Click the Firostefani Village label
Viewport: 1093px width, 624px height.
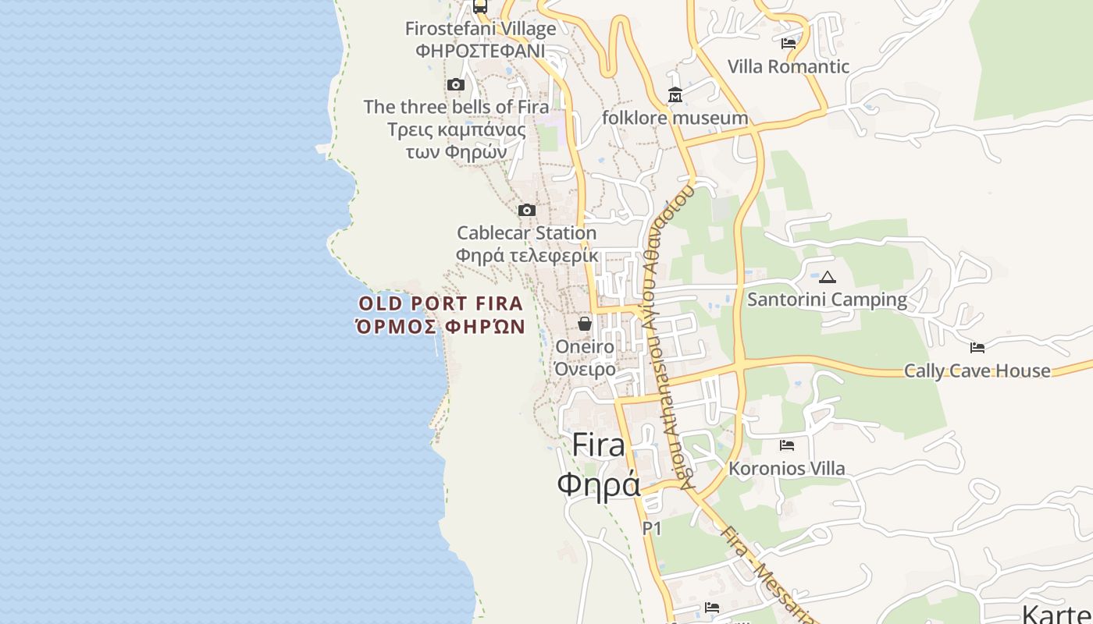point(480,29)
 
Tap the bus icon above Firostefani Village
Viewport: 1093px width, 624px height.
point(480,6)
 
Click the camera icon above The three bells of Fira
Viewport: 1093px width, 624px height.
point(456,84)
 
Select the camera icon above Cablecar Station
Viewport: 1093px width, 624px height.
point(527,210)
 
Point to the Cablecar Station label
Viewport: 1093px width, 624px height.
point(526,232)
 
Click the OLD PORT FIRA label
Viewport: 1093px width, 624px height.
point(440,303)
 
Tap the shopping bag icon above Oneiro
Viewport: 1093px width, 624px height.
point(584,324)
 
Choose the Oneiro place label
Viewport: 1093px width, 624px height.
point(584,346)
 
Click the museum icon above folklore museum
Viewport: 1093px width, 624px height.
point(675,95)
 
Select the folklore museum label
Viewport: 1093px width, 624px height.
point(675,118)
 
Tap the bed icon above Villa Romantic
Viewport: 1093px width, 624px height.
point(789,44)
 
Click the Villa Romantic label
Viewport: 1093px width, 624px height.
point(789,66)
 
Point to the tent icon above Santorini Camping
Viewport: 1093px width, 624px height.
point(828,277)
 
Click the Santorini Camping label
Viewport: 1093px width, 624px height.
point(828,300)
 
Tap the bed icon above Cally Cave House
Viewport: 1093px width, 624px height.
point(977,348)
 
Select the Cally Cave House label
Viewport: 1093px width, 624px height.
point(977,370)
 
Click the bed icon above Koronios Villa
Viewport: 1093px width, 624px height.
point(787,445)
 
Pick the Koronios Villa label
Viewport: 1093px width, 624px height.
point(787,468)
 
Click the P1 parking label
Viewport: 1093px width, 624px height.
point(652,528)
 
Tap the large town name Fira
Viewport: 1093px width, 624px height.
point(599,445)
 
